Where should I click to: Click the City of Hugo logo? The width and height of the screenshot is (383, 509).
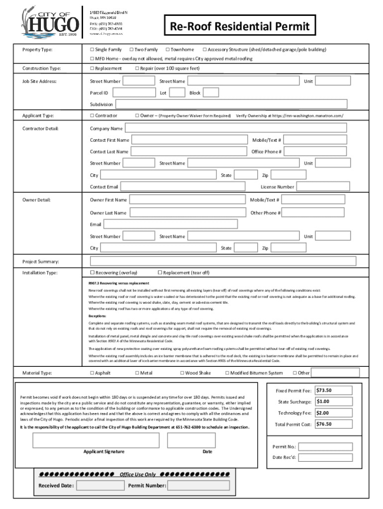(50, 21)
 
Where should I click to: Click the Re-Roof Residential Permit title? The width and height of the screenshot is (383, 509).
(240, 26)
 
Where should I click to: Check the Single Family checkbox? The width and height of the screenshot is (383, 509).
(92, 50)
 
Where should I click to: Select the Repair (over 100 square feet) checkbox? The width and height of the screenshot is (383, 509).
(137, 68)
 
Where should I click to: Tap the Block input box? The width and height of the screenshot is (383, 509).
(211, 92)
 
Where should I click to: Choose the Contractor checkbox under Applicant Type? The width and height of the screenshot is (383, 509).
(92, 115)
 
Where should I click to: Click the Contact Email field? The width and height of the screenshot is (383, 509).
(183, 186)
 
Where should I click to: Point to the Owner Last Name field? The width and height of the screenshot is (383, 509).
(188, 213)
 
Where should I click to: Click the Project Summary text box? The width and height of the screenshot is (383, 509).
(223, 261)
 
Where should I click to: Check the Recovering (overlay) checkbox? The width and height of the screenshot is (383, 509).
(92, 272)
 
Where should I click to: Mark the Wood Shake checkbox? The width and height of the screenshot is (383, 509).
(182, 373)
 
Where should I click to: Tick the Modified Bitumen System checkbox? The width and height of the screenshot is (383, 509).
(227, 373)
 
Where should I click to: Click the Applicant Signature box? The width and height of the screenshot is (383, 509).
(96, 440)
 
